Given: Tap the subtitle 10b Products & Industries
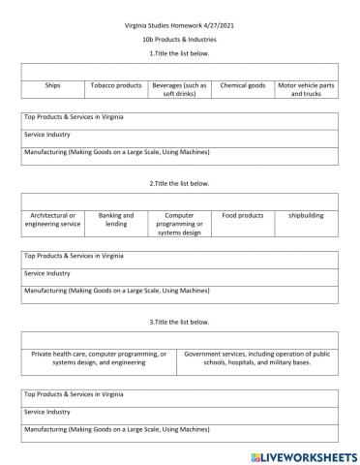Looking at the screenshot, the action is pyautogui.click(x=179, y=39).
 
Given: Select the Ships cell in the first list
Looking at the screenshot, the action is pyautogui.click(x=52, y=85).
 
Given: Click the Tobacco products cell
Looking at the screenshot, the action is pyautogui.click(x=116, y=85).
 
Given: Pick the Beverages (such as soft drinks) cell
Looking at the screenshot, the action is pyautogui.click(x=179, y=89).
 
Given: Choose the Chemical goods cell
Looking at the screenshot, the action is pyautogui.click(x=242, y=85).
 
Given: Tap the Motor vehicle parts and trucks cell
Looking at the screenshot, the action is pyautogui.click(x=306, y=89).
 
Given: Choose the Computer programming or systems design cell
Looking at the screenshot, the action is pyautogui.click(x=179, y=223).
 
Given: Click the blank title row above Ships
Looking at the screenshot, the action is pyautogui.click(x=179, y=71).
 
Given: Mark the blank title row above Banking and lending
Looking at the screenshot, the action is pyautogui.click(x=179, y=201).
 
